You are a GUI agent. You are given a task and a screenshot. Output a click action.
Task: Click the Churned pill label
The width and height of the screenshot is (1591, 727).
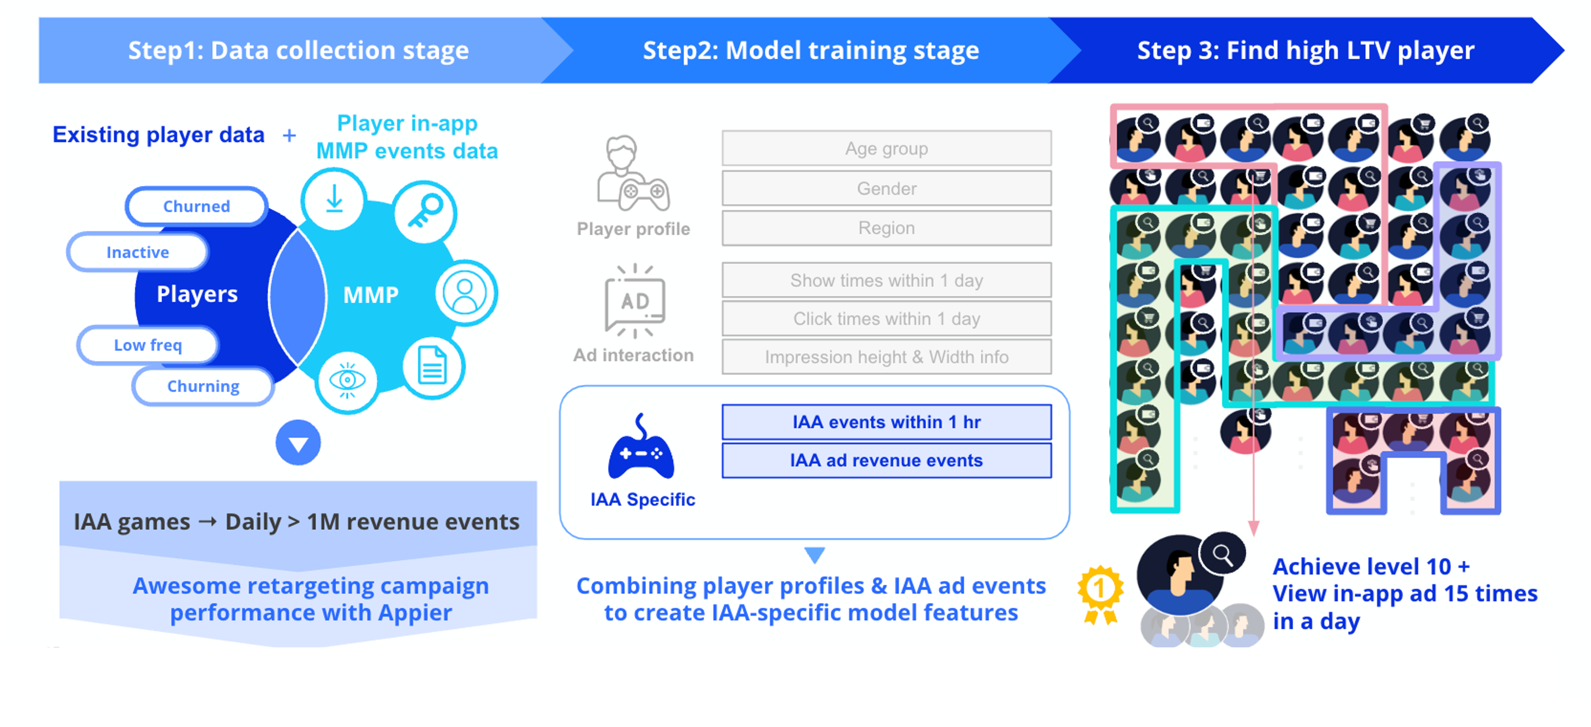point(196,206)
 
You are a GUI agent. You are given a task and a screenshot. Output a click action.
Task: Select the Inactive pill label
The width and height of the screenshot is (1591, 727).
point(137,252)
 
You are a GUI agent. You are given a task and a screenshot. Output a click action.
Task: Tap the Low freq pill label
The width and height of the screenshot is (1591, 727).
point(148,345)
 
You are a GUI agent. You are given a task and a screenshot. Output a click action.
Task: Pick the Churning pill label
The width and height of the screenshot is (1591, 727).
point(203,386)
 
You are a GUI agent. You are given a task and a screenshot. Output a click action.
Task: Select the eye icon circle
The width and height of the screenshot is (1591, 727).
point(347,380)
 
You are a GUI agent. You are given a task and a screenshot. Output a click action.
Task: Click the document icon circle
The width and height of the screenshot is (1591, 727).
point(432,366)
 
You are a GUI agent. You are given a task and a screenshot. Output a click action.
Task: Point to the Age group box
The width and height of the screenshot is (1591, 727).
point(886,148)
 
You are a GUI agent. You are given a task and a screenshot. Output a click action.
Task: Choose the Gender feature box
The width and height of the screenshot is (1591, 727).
point(886,189)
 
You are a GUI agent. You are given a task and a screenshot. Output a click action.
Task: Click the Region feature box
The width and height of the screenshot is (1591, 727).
point(886,228)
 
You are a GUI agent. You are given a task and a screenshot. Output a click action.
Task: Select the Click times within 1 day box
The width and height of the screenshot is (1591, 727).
point(886,319)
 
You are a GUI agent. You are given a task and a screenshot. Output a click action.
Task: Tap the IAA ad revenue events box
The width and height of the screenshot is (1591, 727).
point(886,460)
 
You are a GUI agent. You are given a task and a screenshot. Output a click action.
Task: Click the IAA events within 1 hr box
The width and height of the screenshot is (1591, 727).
point(886,422)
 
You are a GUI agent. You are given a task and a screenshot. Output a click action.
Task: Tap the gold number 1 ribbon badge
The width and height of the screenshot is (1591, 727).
point(1100,593)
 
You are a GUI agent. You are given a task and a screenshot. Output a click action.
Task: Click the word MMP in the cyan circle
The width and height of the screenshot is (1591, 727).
point(371,295)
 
